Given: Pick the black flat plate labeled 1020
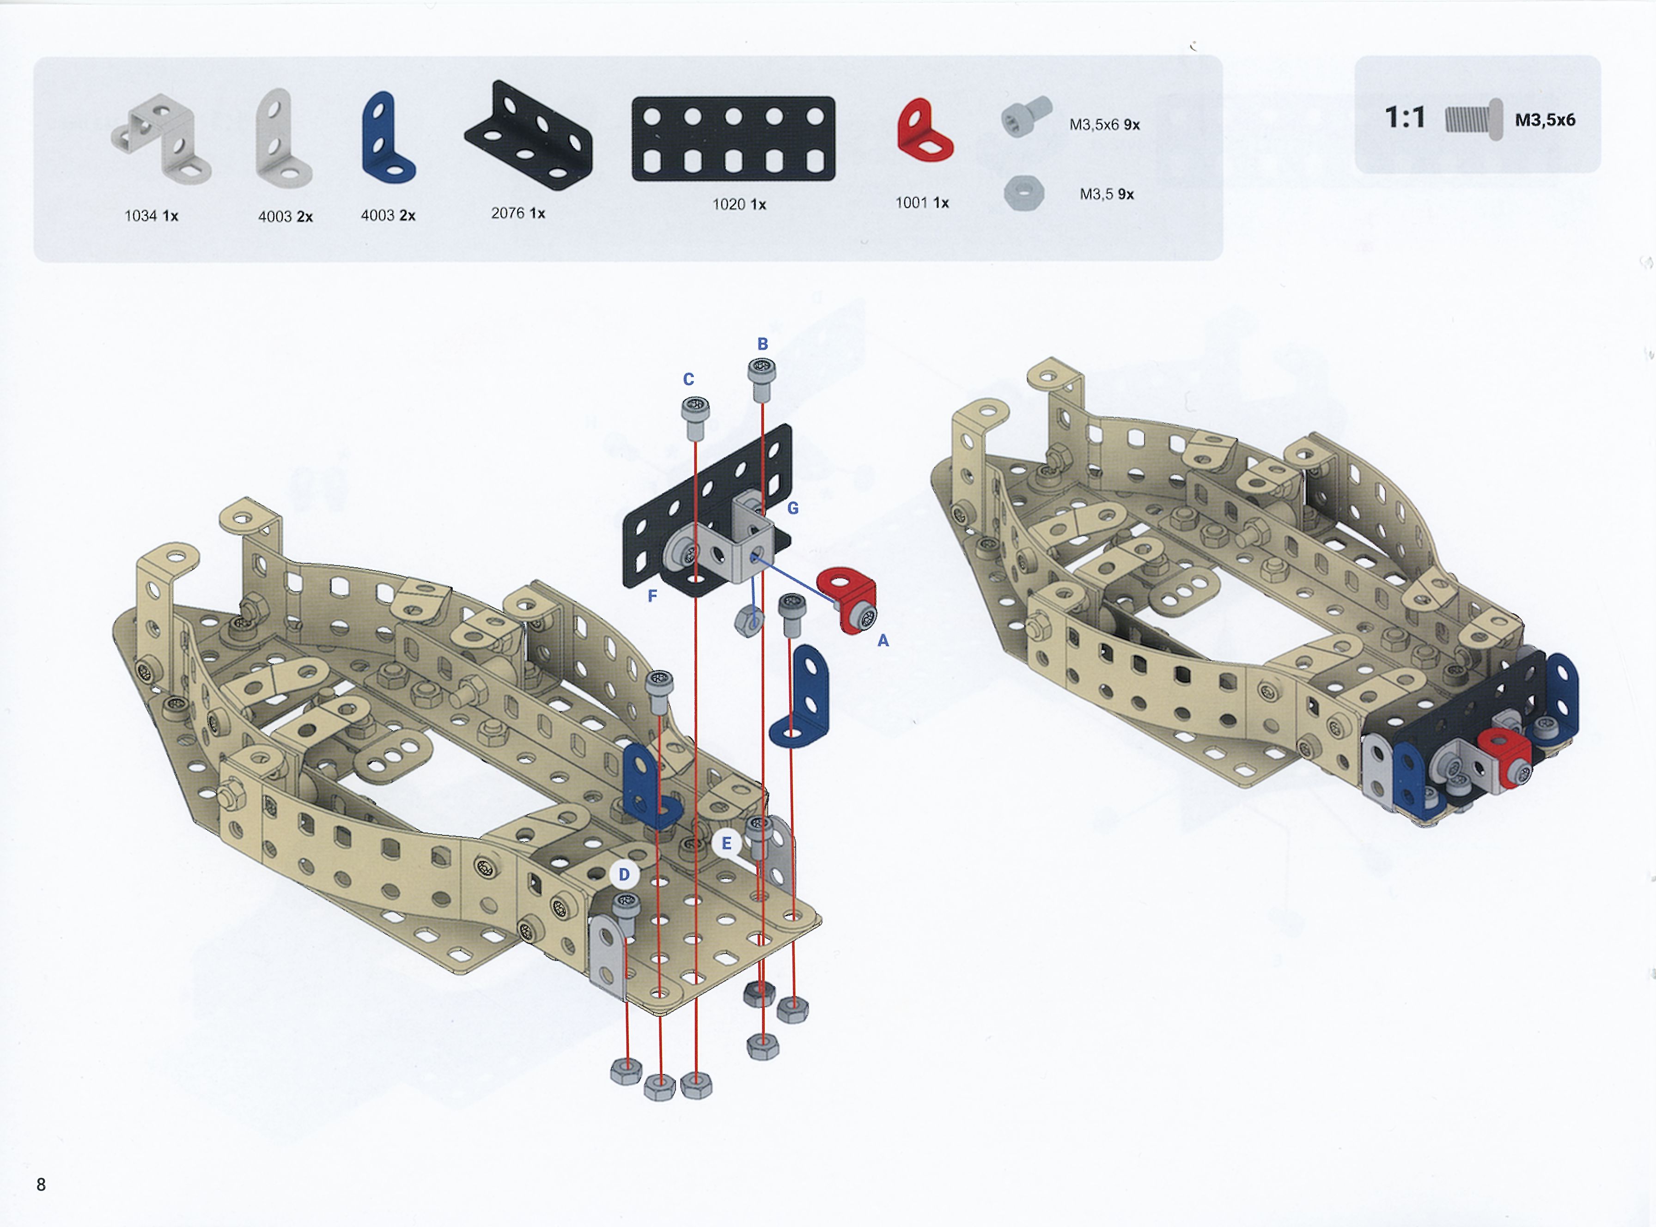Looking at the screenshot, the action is (x=733, y=139).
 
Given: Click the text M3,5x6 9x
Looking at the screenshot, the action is (x=1104, y=125).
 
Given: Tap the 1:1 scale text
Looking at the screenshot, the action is (x=1405, y=117).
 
